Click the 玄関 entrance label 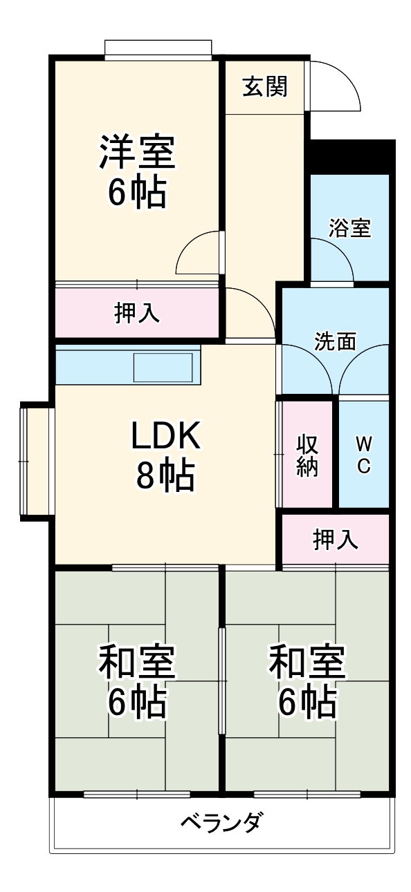coord(265,87)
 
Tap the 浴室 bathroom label coord(349,228)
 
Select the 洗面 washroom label coord(336,341)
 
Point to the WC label coord(363,454)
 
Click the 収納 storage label coord(307,454)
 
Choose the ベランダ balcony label coord(222,822)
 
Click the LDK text coord(165,435)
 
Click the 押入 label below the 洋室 coord(137,313)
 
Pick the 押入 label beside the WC coord(336,539)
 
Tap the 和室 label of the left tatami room coord(137,661)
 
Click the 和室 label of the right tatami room coord(307,661)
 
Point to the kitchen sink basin coord(163,367)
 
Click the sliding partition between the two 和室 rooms coord(222,681)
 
